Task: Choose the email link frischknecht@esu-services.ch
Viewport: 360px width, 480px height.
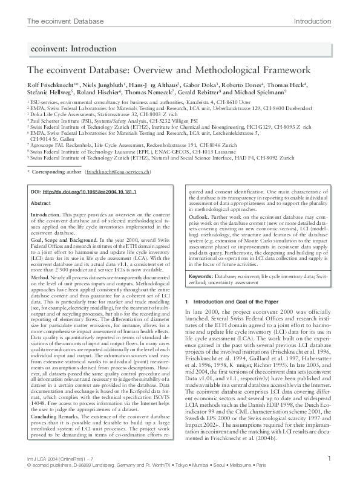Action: pos(126,172)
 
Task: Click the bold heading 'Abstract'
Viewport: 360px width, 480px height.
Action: pos(41,204)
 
